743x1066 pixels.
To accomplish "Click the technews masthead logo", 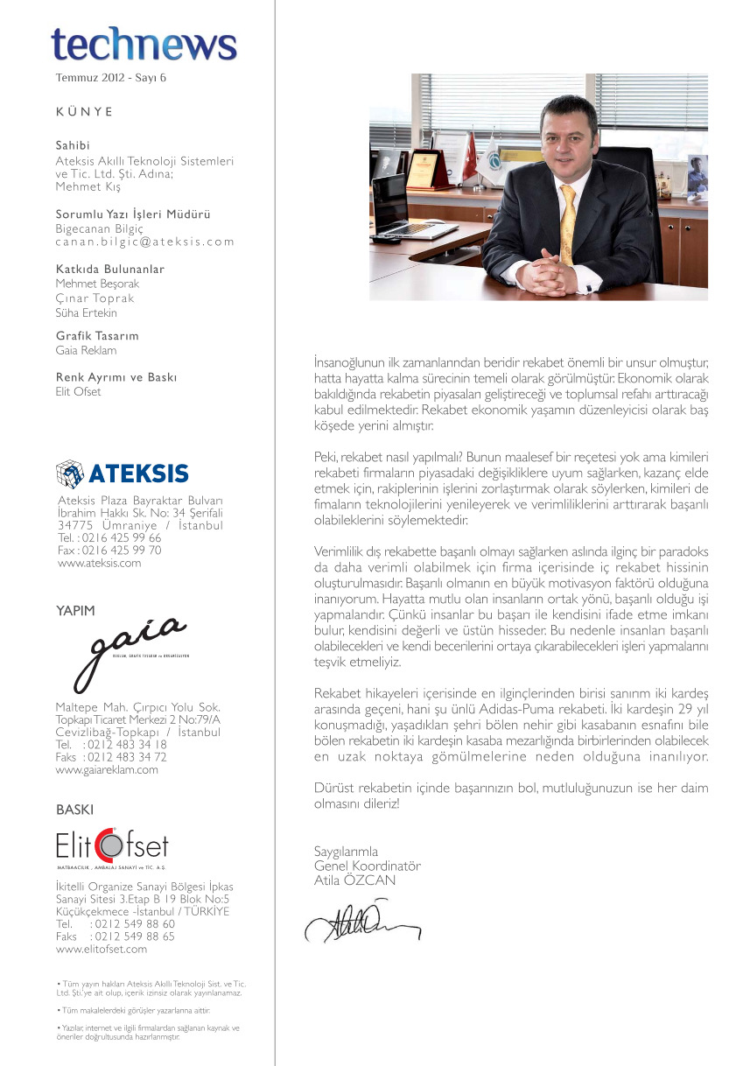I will (144, 44).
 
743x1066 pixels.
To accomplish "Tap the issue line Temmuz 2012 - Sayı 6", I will (110, 78).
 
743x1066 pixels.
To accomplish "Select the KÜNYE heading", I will (84, 112).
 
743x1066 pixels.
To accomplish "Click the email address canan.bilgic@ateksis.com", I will (145, 242).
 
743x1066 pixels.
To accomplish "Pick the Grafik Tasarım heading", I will (97, 336).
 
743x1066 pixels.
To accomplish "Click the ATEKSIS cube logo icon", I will (69, 473).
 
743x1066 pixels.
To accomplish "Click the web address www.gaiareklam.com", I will (108, 770).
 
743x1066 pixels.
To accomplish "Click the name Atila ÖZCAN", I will (354, 880).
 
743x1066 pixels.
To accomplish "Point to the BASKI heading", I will (74, 810).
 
